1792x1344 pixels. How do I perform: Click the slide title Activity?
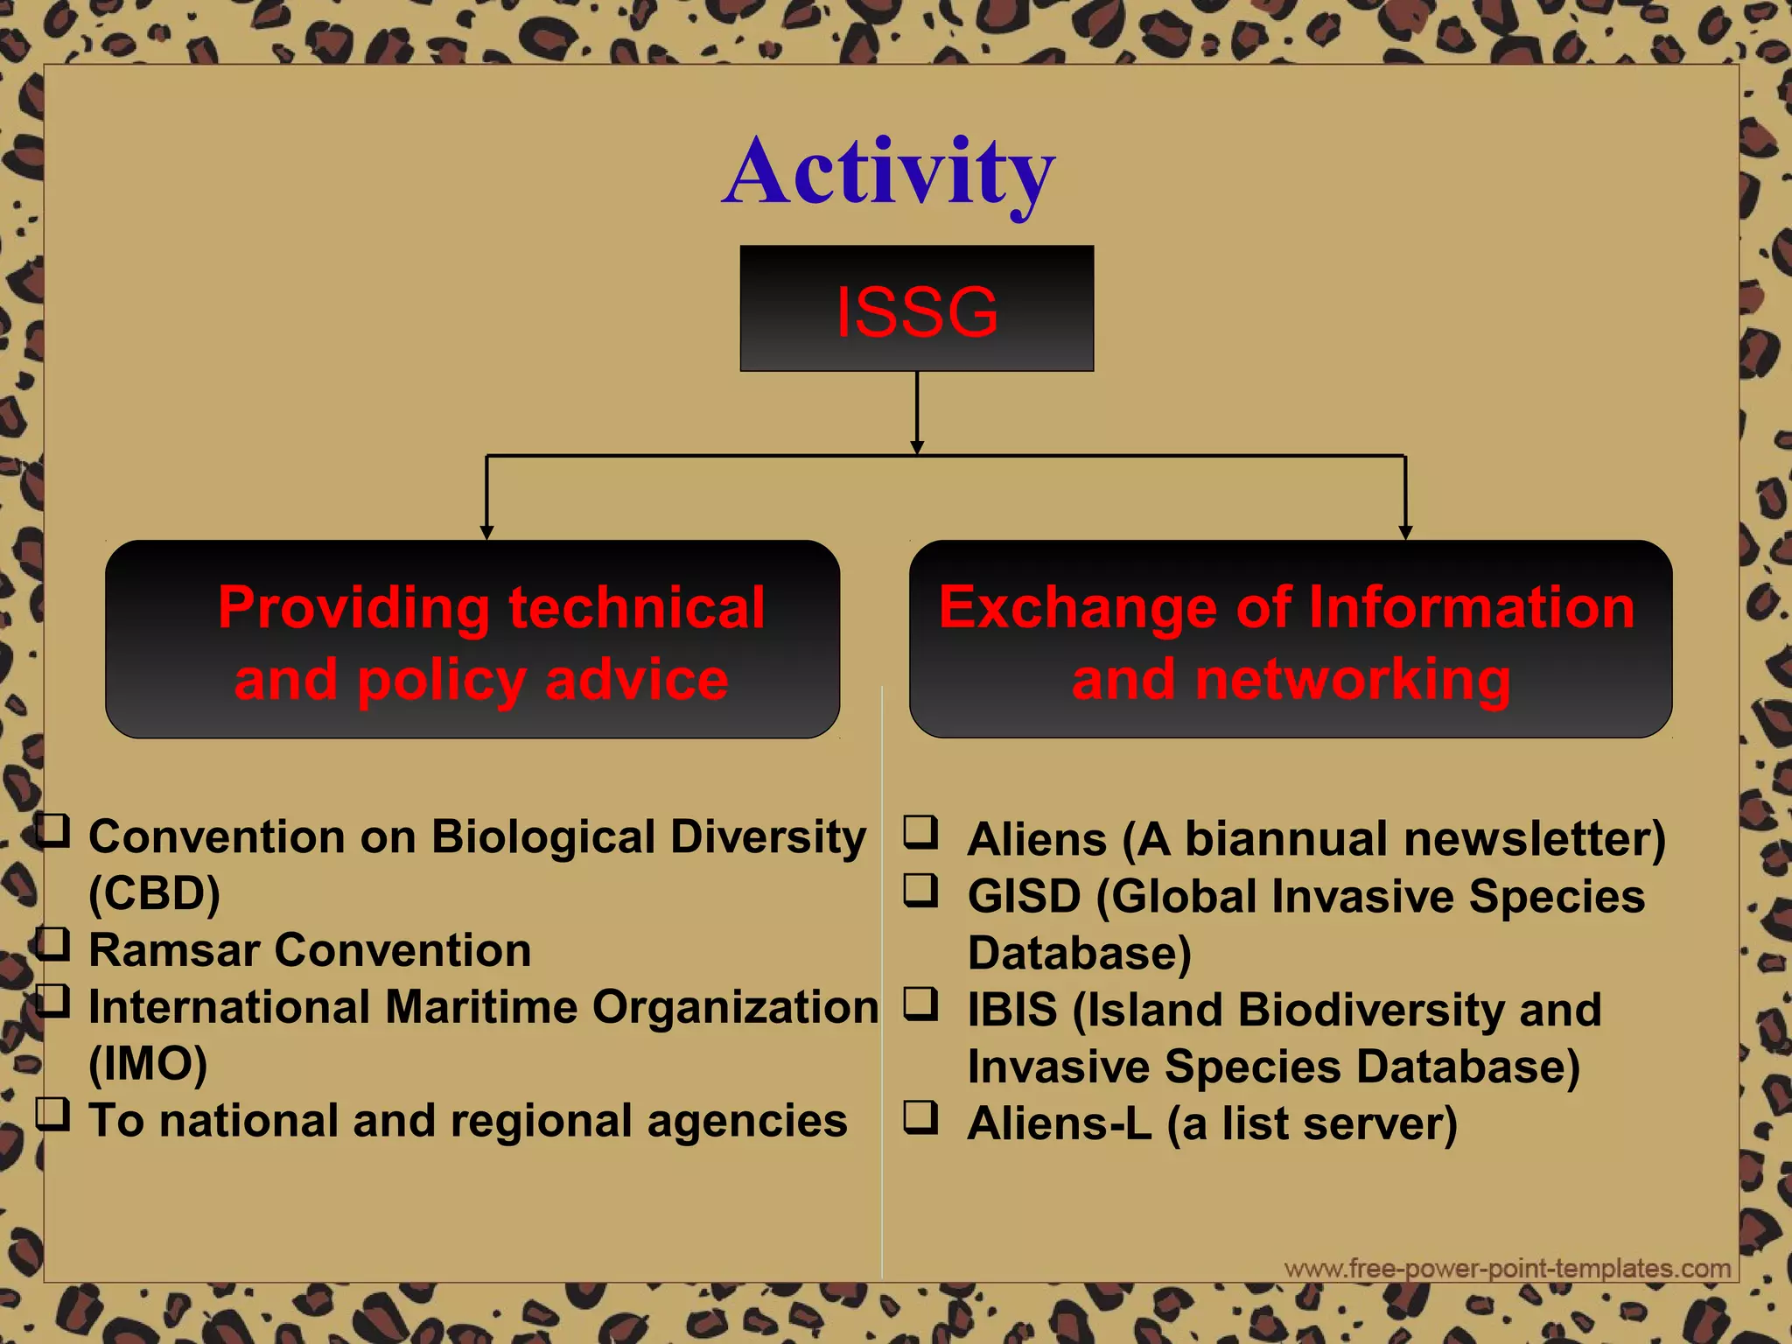[888, 172]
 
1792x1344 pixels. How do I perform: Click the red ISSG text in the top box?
[916, 311]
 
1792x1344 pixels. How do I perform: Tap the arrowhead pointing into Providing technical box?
[486, 532]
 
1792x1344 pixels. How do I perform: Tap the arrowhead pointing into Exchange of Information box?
[1405, 532]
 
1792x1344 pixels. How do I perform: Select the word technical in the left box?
[637, 607]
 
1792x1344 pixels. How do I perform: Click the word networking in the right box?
[1352, 680]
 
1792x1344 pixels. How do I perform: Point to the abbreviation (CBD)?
[154, 893]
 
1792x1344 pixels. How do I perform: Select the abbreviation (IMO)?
[148, 1064]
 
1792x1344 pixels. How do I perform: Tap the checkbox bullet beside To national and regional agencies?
[52, 1115]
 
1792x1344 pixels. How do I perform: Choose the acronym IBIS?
[1012, 1010]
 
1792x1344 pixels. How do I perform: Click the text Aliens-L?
[1059, 1123]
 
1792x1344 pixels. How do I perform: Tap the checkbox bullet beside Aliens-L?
[920, 1117]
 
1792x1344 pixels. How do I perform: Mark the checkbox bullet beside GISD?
[920, 890]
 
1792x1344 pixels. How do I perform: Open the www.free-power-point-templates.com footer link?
[1507, 1268]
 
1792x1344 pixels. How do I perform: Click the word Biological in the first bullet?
[542, 836]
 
